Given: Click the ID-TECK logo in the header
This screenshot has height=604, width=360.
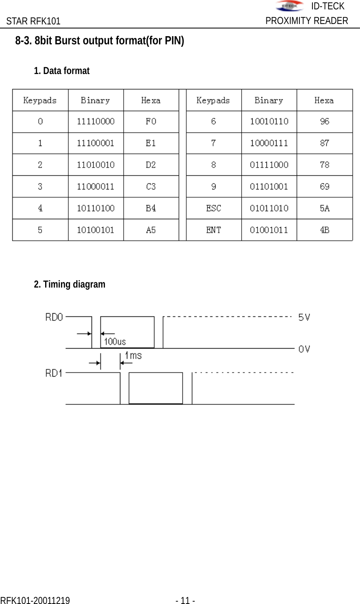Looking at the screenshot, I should pos(289,6).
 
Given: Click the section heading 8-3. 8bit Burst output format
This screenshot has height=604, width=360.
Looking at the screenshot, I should pos(100,41).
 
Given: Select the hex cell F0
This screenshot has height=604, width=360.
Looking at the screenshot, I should pos(151,122).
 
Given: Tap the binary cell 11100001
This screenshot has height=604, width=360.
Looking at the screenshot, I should pos(96,143).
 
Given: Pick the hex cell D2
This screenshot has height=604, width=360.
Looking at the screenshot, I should pos(151,165).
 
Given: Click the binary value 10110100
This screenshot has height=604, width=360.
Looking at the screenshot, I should pos(96,208).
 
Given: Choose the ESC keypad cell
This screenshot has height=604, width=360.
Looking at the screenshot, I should pos(214,208).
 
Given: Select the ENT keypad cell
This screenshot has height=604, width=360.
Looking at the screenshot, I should pos(214,230).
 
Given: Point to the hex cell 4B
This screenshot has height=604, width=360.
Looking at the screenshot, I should pos(325,230).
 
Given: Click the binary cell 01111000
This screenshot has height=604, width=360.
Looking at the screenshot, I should pos(269,165).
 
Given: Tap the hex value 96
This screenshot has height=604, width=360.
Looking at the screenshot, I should pos(325,122).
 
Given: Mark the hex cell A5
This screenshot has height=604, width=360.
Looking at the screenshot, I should pos(151,230).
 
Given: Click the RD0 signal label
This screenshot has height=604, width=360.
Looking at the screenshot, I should pos(54,317).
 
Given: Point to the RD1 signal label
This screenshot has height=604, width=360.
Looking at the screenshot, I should pos(54,373).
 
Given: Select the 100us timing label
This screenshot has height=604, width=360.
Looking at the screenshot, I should pos(115,342).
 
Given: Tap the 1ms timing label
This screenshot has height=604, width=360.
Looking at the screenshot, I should pos(133,356).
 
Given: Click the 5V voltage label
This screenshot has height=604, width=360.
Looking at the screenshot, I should pos(304,317).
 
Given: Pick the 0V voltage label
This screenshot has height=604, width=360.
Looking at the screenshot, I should pos(304,349).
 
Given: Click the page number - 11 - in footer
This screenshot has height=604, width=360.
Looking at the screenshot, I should pos(185,600).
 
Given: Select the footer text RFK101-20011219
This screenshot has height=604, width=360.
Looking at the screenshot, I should pos(35,600).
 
